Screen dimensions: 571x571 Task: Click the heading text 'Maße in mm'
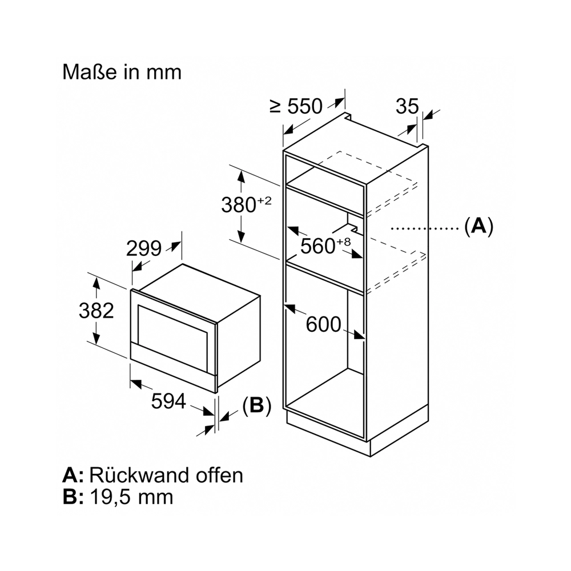(x=122, y=72)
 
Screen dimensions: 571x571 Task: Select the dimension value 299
(x=144, y=249)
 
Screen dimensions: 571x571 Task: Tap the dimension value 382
(x=96, y=311)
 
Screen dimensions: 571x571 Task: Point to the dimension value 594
(x=168, y=401)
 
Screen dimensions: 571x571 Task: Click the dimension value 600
(x=323, y=324)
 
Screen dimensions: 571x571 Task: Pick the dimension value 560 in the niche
(x=318, y=246)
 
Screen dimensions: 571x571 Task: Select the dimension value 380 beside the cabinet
(x=239, y=204)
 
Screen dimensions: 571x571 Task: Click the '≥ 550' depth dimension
(x=296, y=106)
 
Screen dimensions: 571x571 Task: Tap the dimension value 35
(x=407, y=106)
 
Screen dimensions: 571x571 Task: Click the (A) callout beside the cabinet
(x=479, y=226)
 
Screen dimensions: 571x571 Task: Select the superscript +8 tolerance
(x=343, y=241)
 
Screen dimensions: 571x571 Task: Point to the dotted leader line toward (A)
(x=425, y=228)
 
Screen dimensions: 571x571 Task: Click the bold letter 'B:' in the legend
(x=73, y=497)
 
